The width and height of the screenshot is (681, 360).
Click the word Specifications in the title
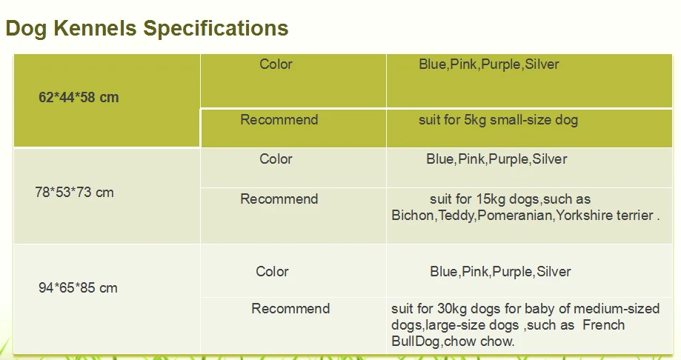(216, 29)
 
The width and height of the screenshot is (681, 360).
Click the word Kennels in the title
(95, 28)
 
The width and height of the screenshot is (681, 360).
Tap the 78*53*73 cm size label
(74, 192)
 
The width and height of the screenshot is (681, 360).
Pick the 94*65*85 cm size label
(78, 287)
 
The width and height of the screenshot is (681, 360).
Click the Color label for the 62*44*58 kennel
(276, 64)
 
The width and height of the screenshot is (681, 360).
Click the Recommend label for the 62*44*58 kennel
(279, 119)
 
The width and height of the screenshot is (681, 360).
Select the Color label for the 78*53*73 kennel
(276, 159)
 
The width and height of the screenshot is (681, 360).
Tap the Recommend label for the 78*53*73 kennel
(279, 199)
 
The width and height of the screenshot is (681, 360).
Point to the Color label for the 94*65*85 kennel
(272, 271)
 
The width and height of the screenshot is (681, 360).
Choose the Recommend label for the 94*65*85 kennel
(290, 308)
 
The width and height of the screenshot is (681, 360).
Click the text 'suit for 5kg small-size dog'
(498, 120)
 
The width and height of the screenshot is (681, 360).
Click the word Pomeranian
(515, 215)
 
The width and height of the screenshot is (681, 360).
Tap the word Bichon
(413, 215)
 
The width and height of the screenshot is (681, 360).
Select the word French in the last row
(604, 325)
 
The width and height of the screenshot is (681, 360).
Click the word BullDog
(416, 341)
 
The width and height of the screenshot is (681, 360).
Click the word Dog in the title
(26, 29)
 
